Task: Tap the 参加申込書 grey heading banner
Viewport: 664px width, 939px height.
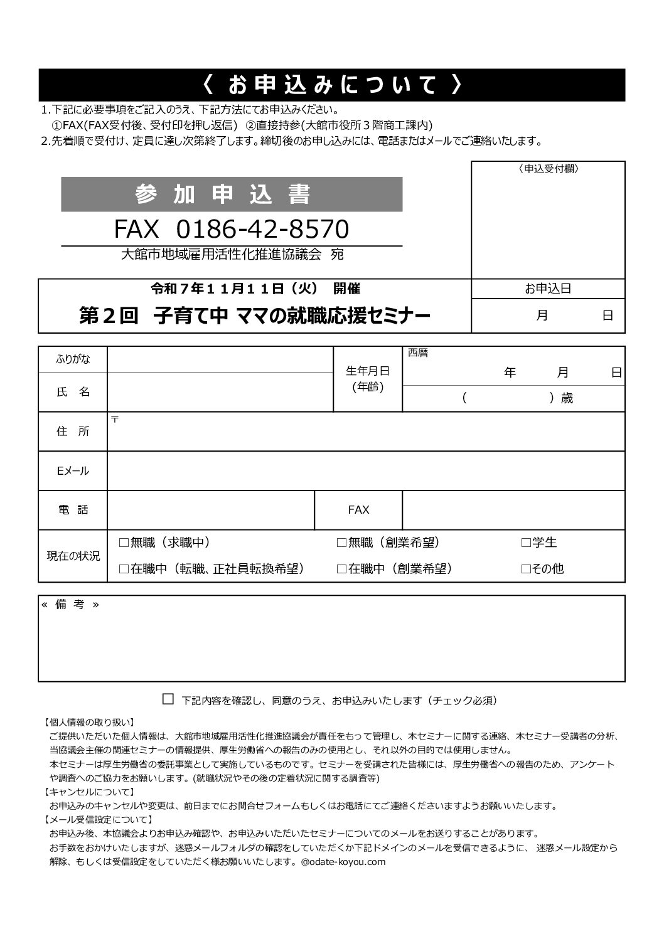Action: click(x=232, y=194)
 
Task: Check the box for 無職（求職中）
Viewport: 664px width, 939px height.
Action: click(x=124, y=543)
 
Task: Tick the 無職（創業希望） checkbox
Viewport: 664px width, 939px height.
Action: click(x=341, y=543)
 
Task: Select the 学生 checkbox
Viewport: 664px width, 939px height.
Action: click(x=526, y=543)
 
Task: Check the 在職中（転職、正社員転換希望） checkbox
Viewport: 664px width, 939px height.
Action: click(x=124, y=569)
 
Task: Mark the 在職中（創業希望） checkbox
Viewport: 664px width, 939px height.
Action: click(x=341, y=569)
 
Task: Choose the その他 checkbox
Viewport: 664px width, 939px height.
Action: click(x=526, y=569)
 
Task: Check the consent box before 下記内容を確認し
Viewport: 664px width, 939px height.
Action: click(x=168, y=699)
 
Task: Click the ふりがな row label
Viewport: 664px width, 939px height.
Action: click(x=73, y=359)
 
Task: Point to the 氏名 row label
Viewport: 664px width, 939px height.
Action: click(x=73, y=392)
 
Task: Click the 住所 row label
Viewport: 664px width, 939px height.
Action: click(x=73, y=432)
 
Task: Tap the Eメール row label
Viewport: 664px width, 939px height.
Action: click(x=73, y=471)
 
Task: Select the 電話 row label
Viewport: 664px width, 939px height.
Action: click(x=73, y=510)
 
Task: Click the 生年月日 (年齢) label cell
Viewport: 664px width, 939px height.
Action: click(x=368, y=379)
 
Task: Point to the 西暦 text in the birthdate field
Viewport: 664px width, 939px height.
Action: click(x=418, y=353)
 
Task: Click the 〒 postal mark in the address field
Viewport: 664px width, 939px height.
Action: click(x=115, y=418)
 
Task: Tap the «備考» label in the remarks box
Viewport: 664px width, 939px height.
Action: click(x=70, y=605)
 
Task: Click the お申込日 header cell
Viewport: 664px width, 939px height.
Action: click(x=548, y=289)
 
